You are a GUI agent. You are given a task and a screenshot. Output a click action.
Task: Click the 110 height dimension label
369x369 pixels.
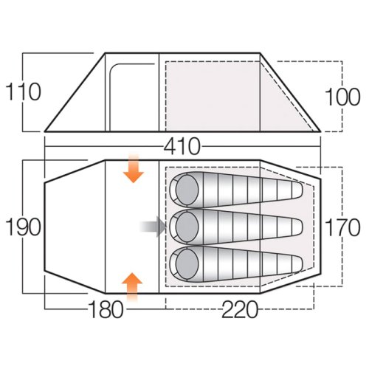[x=23, y=92]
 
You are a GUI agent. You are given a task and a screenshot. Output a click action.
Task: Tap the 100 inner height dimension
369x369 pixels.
[x=342, y=97]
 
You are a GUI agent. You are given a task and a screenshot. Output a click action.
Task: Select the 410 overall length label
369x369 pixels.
[x=182, y=146]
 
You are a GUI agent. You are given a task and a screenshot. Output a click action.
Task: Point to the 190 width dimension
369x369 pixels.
[x=23, y=227]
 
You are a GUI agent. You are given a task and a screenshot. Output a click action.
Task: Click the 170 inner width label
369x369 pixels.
[x=342, y=227]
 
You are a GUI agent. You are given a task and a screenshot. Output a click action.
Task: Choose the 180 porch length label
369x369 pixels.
[x=106, y=309]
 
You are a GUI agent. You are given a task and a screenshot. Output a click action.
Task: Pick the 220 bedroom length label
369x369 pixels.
[x=240, y=309]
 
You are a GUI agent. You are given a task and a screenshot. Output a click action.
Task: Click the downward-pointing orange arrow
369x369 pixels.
[x=134, y=169]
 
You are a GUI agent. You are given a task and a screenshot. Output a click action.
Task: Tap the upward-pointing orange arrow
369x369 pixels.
[x=132, y=287]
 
